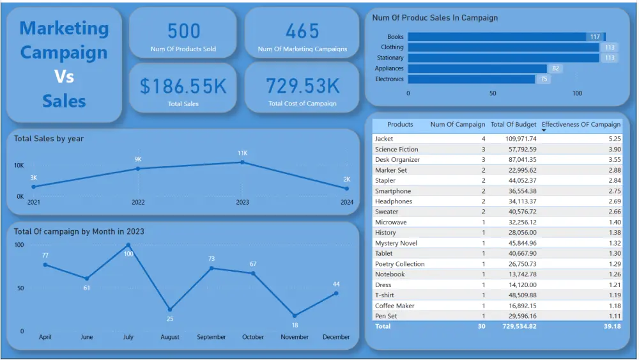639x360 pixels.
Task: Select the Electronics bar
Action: click(x=472, y=79)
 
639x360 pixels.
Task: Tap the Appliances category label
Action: click(x=389, y=68)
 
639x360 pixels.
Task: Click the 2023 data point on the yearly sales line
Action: click(x=242, y=162)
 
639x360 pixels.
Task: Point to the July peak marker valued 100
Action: click(x=128, y=245)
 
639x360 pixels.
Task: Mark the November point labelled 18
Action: click(x=295, y=316)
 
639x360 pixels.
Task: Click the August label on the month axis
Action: click(x=170, y=337)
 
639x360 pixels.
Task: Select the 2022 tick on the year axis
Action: click(x=138, y=202)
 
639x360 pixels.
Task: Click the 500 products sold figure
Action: click(x=183, y=31)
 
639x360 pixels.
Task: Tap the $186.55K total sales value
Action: click(x=183, y=86)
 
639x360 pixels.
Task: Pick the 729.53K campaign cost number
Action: click(x=303, y=86)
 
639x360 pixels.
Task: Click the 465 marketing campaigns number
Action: click(x=302, y=31)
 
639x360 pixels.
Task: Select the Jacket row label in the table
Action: click(x=384, y=139)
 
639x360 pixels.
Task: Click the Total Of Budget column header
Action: click(x=513, y=125)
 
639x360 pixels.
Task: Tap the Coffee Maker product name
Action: click(x=394, y=306)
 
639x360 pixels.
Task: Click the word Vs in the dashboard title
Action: click(x=64, y=77)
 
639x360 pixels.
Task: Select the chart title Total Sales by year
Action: click(x=49, y=139)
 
